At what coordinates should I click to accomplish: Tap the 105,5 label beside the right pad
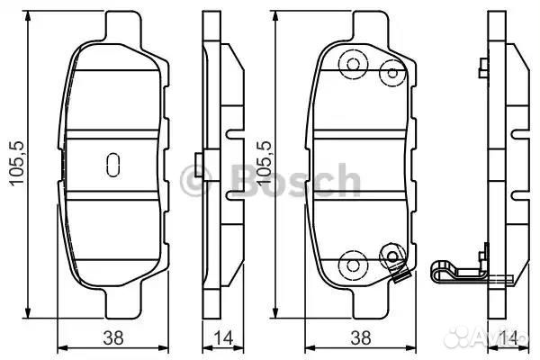point(264,163)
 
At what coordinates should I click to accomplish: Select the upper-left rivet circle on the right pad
point(352,65)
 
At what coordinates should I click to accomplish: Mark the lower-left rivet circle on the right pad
point(350,265)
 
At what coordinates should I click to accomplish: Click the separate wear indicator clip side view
point(459,271)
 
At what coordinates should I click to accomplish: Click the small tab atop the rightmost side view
point(482,66)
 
